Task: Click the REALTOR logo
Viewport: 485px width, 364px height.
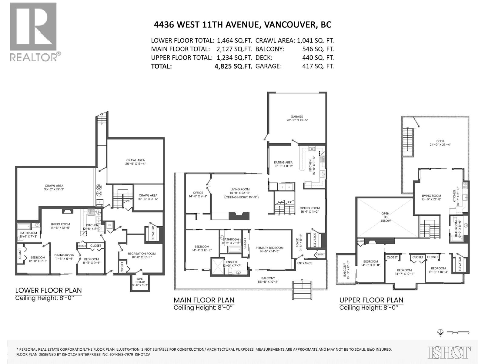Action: click(33, 32)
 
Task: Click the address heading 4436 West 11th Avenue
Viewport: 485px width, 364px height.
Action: click(242, 25)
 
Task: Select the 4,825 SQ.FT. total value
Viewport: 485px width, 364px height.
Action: click(233, 66)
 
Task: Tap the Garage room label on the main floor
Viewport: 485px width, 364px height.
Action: click(297, 118)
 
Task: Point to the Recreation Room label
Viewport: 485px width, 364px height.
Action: click(142, 255)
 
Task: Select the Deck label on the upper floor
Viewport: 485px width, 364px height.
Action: click(440, 143)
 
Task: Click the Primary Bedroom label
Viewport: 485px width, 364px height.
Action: click(269, 250)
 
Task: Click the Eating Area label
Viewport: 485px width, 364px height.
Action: click(283, 164)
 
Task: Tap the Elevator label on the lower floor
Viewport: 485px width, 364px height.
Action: click(153, 233)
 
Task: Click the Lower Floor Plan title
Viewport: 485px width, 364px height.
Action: click(48, 290)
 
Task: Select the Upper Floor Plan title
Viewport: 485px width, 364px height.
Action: click(371, 300)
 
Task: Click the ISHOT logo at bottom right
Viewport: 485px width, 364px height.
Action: click(449, 352)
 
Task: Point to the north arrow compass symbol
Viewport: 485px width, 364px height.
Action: click(441, 332)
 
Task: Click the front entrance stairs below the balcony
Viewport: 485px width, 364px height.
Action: click(302, 290)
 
